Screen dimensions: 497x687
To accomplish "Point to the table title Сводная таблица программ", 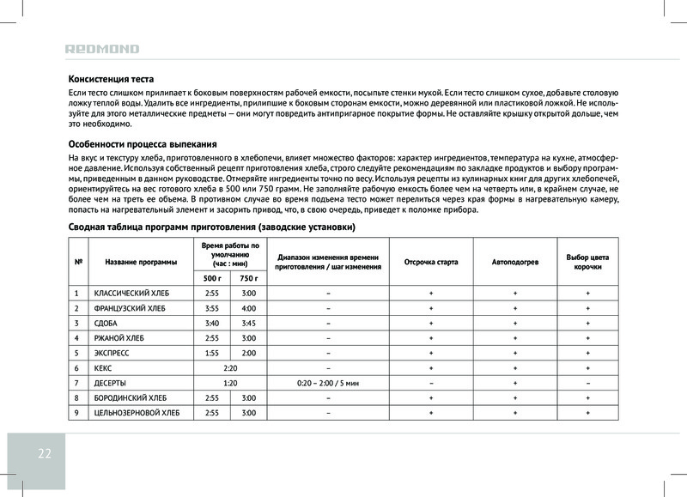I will (211, 227).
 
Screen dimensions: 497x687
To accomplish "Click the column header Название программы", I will (141, 261).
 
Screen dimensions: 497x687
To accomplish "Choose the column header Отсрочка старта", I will (431, 261).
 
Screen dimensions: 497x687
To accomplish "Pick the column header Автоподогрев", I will (515, 261).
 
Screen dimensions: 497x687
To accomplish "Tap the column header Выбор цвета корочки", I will (587, 261).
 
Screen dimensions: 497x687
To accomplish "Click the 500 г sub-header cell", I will (211, 278).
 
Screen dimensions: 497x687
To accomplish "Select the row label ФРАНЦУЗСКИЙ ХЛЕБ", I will (130, 308).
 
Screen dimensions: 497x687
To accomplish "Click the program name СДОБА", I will (106, 323).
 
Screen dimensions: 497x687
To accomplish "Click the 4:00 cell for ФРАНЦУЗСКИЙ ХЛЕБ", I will (249, 308).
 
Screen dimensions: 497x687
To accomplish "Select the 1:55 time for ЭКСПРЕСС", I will (211, 353).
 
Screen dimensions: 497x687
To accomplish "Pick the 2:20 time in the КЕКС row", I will (230, 367).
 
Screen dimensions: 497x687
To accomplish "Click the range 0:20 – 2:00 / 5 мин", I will (328, 383).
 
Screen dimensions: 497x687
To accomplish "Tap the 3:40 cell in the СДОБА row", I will (211, 323).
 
